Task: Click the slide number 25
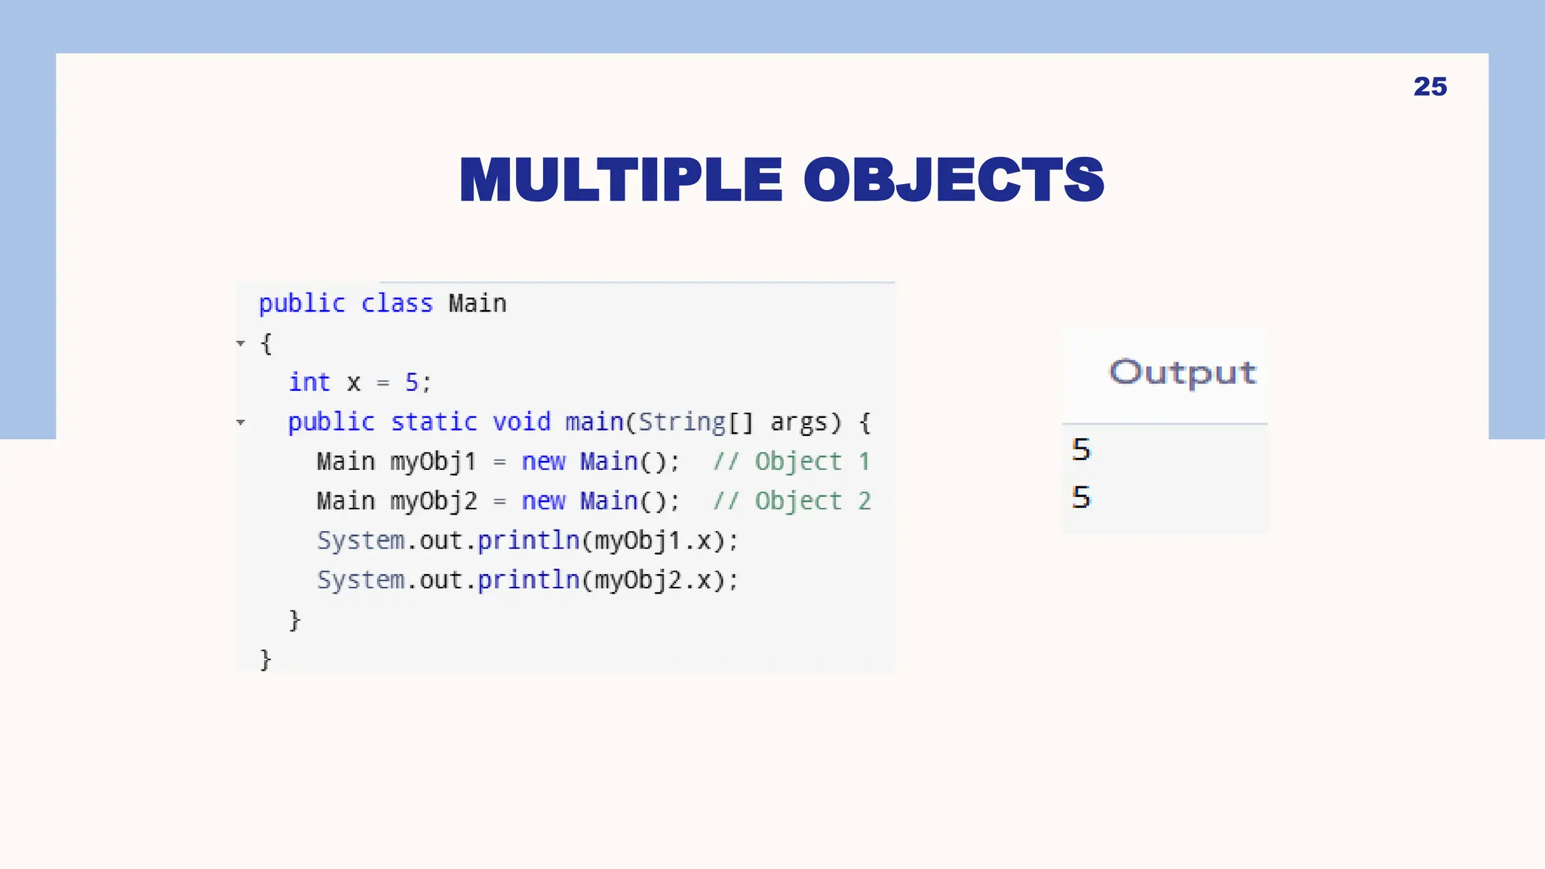tap(1430, 87)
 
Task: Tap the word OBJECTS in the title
tap(954, 180)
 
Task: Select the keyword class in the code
tap(397, 303)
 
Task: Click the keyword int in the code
tap(309, 382)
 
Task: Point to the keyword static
tap(434, 422)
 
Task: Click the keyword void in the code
tap(521, 422)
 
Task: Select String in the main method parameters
tap(681, 422)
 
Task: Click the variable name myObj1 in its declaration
tap(433, 462)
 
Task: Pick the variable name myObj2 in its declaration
tap(434, 501)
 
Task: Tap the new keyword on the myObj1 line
tap(543, 462)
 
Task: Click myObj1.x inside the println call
tap(653, 541)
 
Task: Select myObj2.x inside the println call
tap(653, 580)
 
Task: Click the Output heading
tap(1182, 373)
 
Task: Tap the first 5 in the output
tap(1081, 450)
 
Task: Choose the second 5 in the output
tap(1081, 497)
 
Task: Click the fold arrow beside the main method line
tap(241, 422)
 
